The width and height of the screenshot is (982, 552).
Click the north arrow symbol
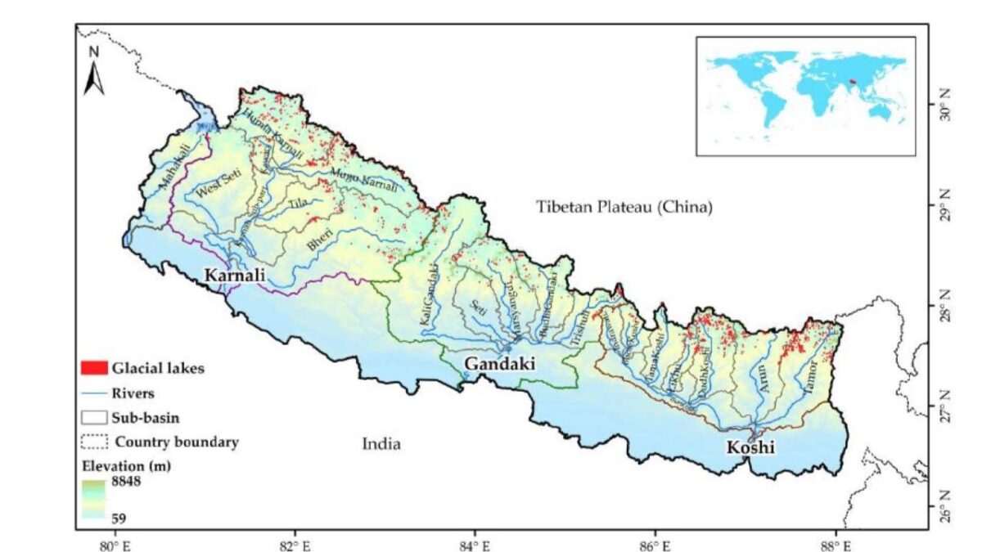pyautogui.click(x=94, y=70)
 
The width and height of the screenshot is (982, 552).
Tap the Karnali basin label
pyautogui.click(x=235, y=276)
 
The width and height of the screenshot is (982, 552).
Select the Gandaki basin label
pyautogui.click(x=499, y=363)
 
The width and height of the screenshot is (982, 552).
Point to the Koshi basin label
pyautogui.click(x=749, y=447)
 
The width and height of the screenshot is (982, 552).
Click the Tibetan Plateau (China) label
pyautogui.click(x=624, y=207)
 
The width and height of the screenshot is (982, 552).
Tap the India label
pyautogui.click(x=381, y=444)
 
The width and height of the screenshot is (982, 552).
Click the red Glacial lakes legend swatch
pyautogui.click(x=94, y=368)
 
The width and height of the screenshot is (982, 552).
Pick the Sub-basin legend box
pyautogui.click(x=94, y=417)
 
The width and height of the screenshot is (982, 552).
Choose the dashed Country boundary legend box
pyautogui.click(x=94, y=442)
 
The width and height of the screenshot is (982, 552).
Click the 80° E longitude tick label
pyautogui.click(x=114, y=543)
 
